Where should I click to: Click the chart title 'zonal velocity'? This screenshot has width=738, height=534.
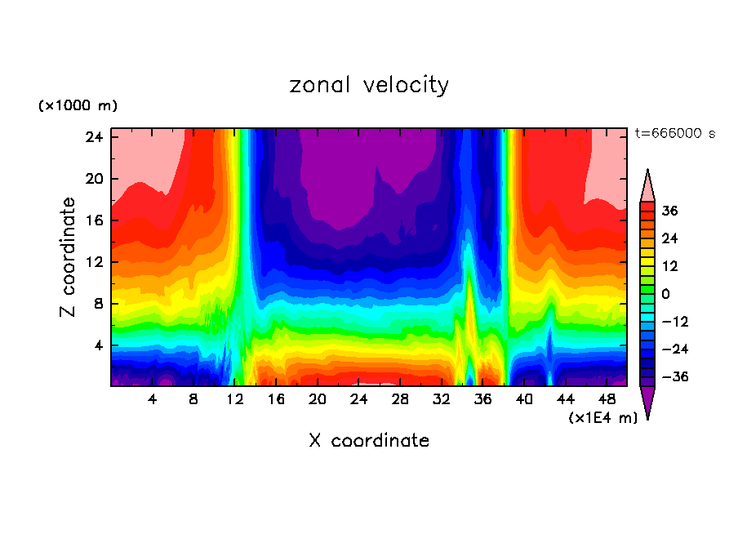click(x=369, y=85)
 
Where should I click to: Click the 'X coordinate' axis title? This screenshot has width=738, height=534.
click(x=369, y=441)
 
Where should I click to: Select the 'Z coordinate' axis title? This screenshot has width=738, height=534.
click(x=69, y=257)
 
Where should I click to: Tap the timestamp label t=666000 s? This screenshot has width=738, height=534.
click(x=674, y=134)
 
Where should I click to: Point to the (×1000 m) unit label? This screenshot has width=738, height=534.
click(x=78, y=106)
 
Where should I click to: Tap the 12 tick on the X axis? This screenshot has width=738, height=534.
click(x=235, y=399)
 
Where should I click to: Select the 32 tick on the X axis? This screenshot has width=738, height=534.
click(x=442, y=399)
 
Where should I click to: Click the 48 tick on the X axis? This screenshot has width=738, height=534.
click(x=607, y=399)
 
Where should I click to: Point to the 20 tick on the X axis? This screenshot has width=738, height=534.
click(x=318, y=399)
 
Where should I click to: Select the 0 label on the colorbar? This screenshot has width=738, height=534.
click(x=665, y=294)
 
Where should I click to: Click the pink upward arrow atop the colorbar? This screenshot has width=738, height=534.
click(x=647, y=185)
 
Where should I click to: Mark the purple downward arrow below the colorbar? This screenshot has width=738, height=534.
click(x=647, y=403)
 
